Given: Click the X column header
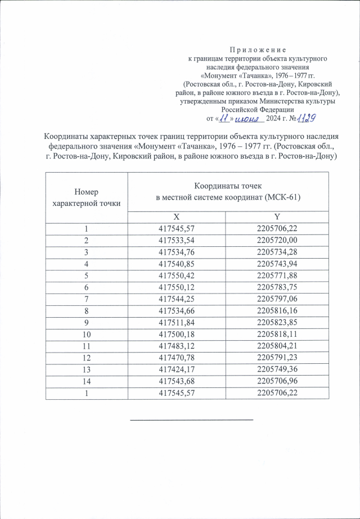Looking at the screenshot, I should pos(176,217).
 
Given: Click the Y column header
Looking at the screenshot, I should pos(276,217).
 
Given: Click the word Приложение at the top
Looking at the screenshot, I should pos(258,50).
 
